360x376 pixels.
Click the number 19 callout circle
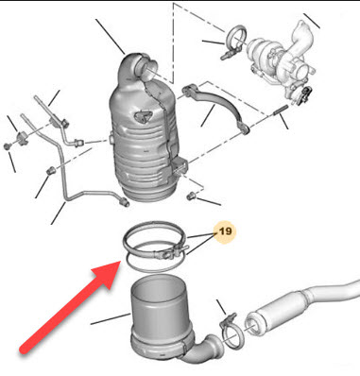[x=225, y=232]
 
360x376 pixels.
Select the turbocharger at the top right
[x=283, y=60]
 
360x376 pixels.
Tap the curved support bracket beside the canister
[x=217, y=107]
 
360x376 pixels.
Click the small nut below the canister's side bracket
[x=191, y=197]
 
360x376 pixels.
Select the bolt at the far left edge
[x=7, y=145]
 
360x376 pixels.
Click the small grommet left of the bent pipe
[x=51, y=171]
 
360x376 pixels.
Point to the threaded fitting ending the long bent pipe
[x=125, y=201]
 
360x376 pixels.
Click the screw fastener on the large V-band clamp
[x=170, y=251]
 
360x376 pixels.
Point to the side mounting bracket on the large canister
[x=180, y=166]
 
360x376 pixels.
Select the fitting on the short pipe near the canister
[x=78, y=144]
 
